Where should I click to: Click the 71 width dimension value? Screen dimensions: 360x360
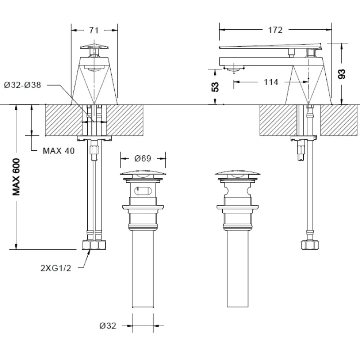pos(94,30)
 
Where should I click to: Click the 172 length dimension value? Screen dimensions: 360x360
pos(275,30)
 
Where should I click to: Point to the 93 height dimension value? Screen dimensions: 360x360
pos(342,74)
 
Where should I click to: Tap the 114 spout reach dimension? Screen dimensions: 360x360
pos(271,82)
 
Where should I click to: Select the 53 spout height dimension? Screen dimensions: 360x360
pos(215,87)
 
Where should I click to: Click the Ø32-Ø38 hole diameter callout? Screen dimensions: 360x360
pos(22,85)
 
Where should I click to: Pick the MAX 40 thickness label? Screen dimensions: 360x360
pos(59,151)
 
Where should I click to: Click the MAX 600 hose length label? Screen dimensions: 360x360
pos(16,177)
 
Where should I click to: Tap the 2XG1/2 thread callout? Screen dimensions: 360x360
pos(56,268)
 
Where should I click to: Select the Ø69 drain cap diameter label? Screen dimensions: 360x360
pos(143,158)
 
